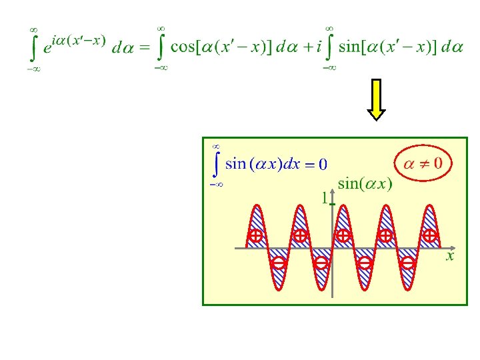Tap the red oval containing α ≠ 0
point(423,162)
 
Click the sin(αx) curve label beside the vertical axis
point(365,183)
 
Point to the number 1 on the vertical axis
point(324,197)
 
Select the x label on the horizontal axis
point(450,255)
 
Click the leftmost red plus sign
point(255,235)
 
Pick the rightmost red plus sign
point(430,235)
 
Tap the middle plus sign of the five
point(343,235)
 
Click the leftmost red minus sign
point(279,263)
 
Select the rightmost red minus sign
point(408,263)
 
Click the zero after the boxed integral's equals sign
point(323,164)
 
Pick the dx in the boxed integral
point(292,164)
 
